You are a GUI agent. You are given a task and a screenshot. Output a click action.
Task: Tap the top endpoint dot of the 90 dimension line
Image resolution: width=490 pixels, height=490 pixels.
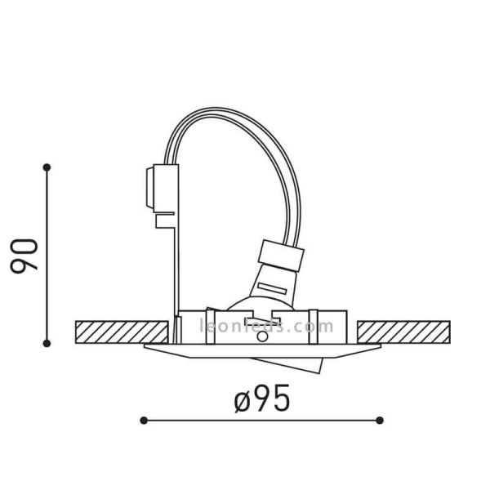(x=47, y=167)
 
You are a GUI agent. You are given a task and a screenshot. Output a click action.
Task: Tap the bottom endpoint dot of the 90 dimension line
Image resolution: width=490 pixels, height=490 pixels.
(x=47, y=342)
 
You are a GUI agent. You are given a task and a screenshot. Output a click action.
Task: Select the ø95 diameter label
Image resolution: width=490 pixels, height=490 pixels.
(x=262, y=399)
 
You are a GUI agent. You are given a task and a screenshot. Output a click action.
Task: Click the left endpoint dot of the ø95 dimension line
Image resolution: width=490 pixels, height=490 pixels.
(x=144, y=420)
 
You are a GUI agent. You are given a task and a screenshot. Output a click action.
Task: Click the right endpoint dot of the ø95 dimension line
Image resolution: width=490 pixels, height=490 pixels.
(x=381, y=420)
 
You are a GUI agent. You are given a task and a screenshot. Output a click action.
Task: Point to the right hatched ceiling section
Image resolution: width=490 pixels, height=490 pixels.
(x=405, y=332)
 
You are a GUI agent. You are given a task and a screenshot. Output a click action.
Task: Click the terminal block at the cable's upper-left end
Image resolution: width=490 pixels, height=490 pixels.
(x=161, y=187)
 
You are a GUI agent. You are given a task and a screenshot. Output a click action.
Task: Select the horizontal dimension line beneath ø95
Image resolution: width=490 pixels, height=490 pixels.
(x=262, y=420)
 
